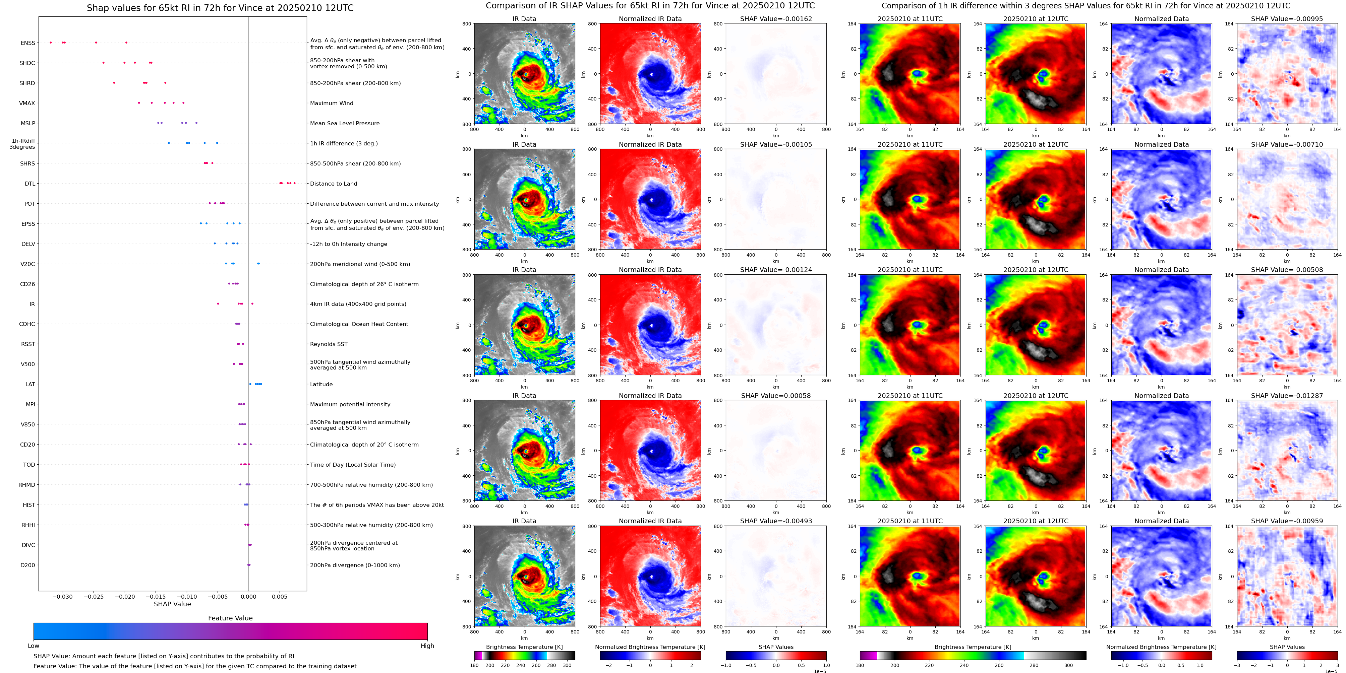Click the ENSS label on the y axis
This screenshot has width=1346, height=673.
(28, 43)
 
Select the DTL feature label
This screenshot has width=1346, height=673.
(30, 184)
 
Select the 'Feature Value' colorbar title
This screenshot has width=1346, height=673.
(230, 618)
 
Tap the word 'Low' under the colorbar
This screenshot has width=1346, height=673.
(34, 646)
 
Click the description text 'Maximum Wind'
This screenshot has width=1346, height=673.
(331, 104)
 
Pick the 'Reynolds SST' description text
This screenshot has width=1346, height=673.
(328, 344)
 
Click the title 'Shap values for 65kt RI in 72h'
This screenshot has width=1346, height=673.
(220, 8)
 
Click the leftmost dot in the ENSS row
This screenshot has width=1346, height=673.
(51, 42)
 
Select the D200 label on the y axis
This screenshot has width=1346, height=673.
(28, 565)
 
